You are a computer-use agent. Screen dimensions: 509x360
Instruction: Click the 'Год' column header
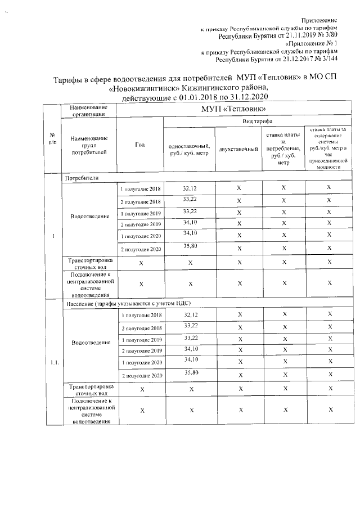140,145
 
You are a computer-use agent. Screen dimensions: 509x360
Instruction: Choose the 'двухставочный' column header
238,148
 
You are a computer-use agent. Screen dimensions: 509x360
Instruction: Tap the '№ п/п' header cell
52,138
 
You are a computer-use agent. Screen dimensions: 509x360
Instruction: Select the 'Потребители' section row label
82,178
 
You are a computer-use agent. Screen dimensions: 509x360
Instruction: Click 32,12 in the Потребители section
191,188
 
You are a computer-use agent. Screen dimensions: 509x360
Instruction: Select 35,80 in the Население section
191,373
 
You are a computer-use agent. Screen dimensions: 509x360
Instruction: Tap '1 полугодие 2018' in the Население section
141,316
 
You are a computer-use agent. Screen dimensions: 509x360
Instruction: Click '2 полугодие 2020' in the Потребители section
141,249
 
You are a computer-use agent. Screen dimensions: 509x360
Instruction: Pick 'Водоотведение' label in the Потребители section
89,217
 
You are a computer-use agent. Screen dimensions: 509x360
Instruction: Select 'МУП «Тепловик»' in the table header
233,109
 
